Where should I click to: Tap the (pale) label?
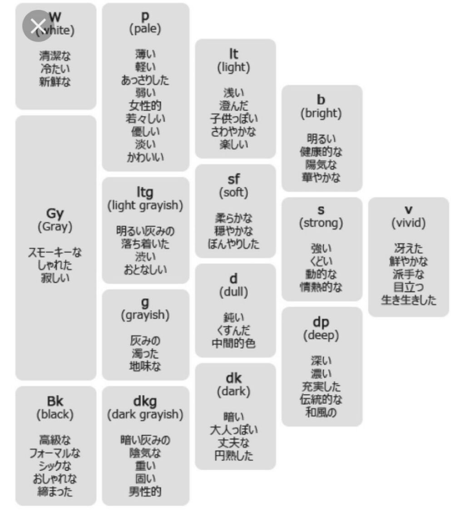(145, 30)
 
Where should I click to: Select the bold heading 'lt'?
(233, 54)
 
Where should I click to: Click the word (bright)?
(321, 114)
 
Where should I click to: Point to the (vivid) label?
(408, 223)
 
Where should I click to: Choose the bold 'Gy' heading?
(55, 213)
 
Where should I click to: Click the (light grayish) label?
(145, 205)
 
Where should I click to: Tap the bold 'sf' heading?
(233, 179)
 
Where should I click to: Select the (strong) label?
(321, 223)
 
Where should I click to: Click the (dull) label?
(233, 292)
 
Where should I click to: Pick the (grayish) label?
(145, 315)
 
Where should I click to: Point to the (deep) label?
(321, 336)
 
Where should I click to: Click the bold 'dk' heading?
(233, 378)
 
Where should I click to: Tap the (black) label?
(55, 414)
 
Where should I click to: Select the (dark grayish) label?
(145, 414)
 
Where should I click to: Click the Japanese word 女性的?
(145, 106)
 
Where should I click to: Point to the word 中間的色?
(233, 343)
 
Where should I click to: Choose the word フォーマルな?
(55, 453)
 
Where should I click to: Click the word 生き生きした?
(408, 300)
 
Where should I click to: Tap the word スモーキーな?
(55, 253)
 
